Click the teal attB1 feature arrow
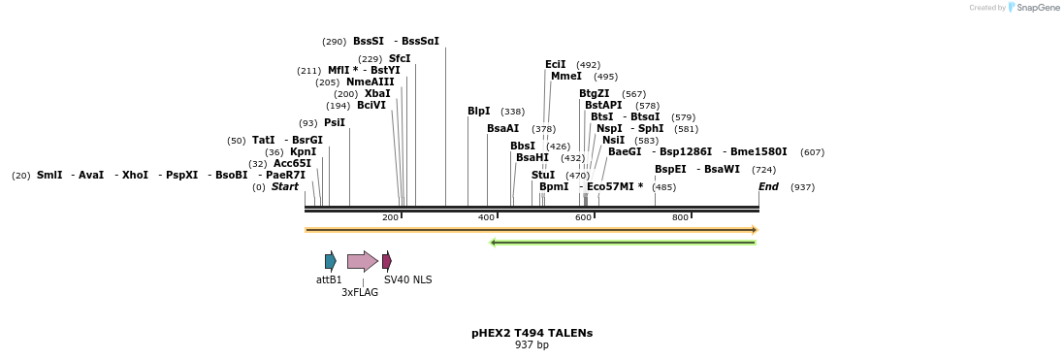coord(330,260)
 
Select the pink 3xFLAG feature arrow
coord(362,261)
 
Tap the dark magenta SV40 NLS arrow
coord(387,260)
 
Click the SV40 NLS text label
coord(407,279)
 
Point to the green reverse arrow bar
coord(623,243)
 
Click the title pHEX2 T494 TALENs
coord(532,333)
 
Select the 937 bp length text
coord(532,344)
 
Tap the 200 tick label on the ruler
coord(390,217)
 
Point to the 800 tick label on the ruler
coord(680,217)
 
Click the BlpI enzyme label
coord(478,112)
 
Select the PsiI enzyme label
coord(334,123)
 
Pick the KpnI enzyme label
coord(303,151)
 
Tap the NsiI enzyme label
coord(614,141)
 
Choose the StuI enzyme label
coord(543,175)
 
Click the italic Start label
coord(284,186)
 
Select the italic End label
coord(768,186)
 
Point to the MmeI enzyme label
coord(565,77)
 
